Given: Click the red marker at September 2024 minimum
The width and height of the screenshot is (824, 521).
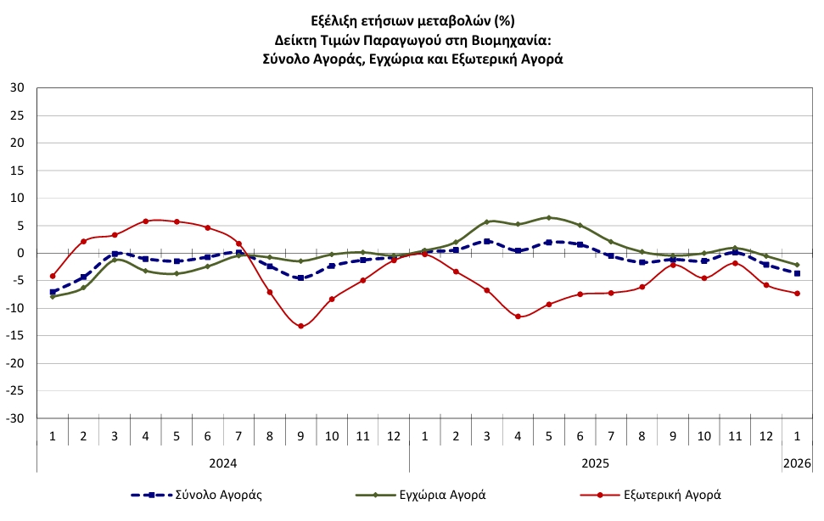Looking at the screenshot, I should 300,326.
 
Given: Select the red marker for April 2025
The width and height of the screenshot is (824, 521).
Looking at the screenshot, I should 518,317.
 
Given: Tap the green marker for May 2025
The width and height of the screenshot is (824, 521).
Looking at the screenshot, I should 549,218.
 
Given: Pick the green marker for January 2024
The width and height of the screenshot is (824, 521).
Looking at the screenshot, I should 53,296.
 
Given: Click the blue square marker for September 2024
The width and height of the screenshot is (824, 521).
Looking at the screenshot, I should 300,277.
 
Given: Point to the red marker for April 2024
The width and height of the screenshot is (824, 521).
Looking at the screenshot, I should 146,221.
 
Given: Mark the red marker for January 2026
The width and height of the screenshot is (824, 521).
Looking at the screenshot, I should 797,294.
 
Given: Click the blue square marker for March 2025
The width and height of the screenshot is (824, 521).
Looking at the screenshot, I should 487,241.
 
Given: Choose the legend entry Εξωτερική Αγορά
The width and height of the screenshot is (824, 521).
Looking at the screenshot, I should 670,494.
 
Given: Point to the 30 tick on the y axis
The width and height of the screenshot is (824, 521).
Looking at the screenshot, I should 18,87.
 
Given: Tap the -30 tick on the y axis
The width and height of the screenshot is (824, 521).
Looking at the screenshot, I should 16,418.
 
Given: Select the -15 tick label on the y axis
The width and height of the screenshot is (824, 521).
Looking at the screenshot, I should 16,336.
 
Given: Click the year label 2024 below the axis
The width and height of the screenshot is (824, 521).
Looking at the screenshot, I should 222,464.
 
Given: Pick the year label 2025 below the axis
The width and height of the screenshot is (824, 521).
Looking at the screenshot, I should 595,464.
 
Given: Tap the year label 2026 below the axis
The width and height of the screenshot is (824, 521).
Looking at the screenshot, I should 797,464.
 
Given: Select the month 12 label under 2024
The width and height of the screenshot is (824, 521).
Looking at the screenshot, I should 394,435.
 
